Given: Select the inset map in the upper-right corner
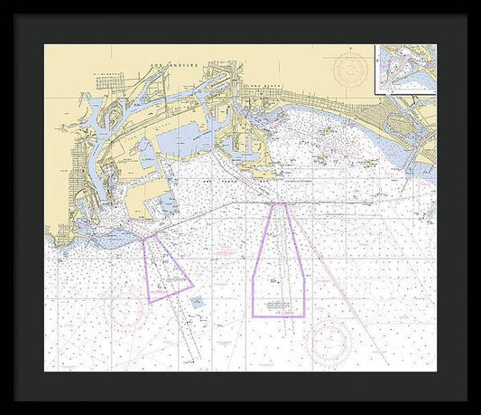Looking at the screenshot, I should [404, 69].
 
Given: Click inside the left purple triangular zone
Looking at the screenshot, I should [164, 269].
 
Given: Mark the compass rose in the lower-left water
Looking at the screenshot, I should [126, 308].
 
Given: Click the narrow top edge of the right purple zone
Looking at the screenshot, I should [278, 204].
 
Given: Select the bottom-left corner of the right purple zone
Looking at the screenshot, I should [253, 316].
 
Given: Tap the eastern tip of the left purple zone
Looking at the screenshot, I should [193, 287].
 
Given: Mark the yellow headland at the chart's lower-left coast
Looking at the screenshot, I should [63, 237].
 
